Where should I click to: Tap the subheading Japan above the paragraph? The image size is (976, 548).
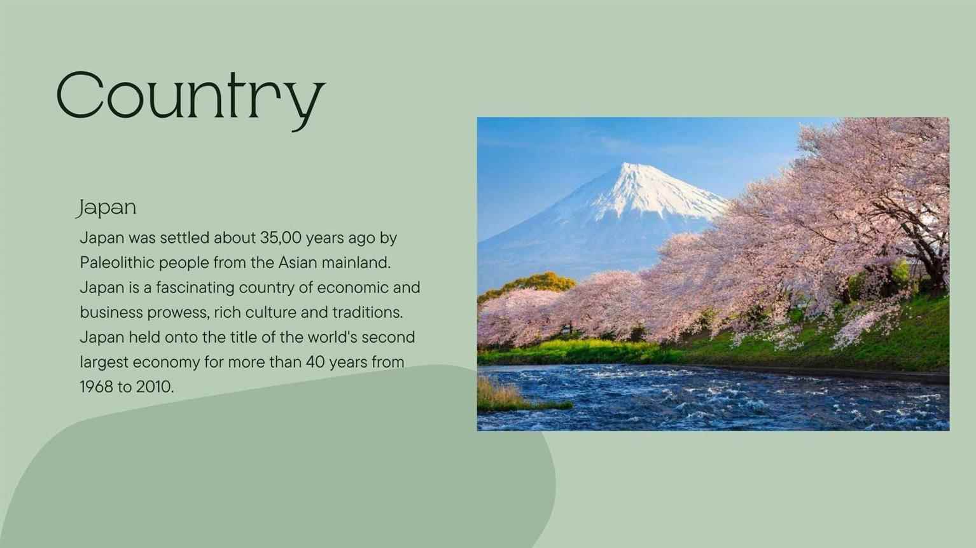click(x=107, y=208)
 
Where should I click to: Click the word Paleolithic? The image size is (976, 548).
click(x=116, y=263)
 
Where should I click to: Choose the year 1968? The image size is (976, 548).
click(x=96, y=387)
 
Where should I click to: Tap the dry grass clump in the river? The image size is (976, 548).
click(x=505, y=396)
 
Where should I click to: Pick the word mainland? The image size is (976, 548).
click(x=356, y=263)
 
